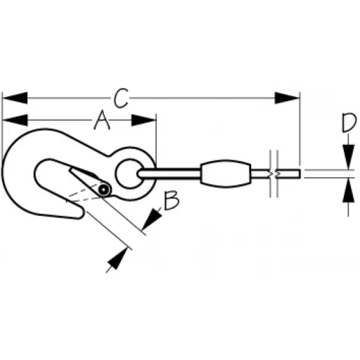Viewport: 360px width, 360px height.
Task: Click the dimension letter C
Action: click(x=121, y=98)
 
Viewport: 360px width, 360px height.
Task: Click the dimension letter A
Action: click(x=102, y=120)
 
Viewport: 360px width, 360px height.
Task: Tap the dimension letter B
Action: click(x=172, y=200)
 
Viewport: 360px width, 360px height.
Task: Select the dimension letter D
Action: click(x=349, y=122)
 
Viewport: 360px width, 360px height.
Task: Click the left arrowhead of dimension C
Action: click(x=15, y=98)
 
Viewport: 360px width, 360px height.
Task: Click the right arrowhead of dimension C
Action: click(x=287, y=98)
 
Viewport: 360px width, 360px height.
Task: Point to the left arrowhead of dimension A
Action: click(x=15, y=120)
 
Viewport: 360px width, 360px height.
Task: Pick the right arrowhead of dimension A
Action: click(x=143, y=120)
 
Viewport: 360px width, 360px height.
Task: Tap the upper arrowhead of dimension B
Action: click(x=152, y=218)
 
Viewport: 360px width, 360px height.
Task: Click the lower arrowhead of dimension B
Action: click(x=117, y=259)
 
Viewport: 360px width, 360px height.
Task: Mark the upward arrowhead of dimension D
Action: click(x=348, y=190)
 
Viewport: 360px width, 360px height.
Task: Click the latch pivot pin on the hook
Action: click(x=104, y=189)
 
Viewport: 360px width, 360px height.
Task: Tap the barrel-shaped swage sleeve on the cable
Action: click(x=226, y=174)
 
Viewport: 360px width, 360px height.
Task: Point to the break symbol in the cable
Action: click(x=274, y=174)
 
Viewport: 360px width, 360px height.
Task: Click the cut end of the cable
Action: click(x=300, y=174)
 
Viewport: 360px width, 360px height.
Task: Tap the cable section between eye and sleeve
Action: click(x=169, y=174)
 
